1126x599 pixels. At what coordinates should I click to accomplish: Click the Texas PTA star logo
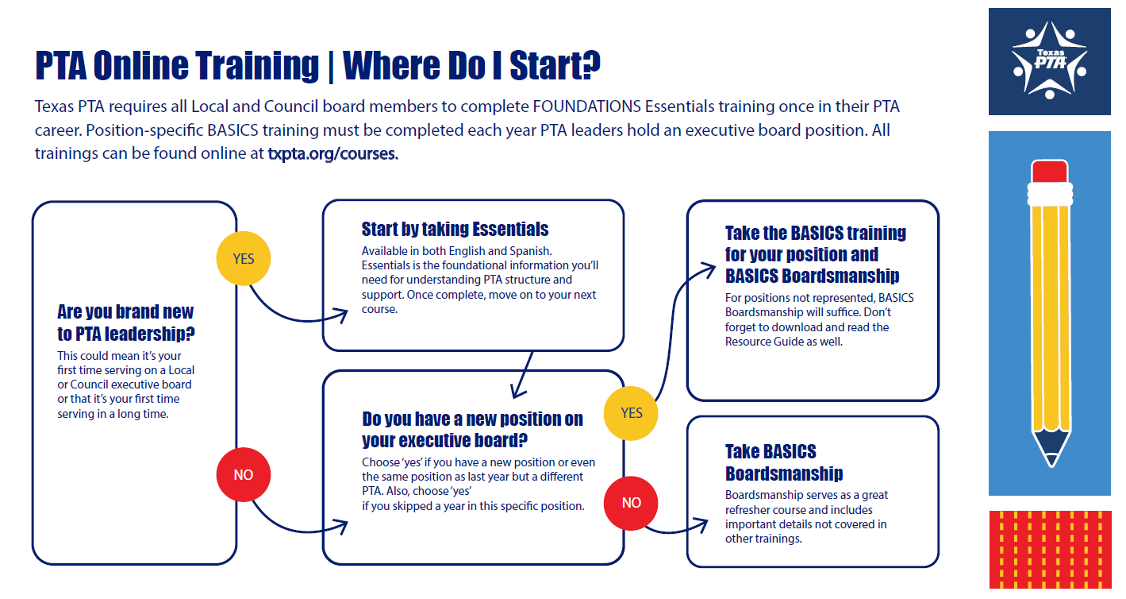1049,60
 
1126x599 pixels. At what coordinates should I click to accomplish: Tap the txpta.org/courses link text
332,153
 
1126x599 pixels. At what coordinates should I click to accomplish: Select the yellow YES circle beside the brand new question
244,258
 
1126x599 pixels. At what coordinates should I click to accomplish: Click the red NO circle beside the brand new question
244,474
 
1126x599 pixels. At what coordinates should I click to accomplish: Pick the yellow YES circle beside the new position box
631,413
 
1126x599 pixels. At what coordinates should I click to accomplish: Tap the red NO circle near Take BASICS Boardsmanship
631,503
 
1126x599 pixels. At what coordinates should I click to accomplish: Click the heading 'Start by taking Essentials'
455,230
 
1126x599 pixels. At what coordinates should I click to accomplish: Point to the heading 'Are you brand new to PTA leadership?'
125,323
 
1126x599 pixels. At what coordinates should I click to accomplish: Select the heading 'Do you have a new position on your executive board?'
472,429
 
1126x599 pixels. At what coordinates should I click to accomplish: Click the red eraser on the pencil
1050,172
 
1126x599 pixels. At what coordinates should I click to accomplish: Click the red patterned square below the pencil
1050,550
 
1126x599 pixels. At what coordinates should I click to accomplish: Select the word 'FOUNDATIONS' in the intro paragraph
586,106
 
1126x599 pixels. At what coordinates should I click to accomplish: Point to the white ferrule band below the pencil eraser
1050,194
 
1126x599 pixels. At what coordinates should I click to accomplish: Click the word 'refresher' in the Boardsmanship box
748,510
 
